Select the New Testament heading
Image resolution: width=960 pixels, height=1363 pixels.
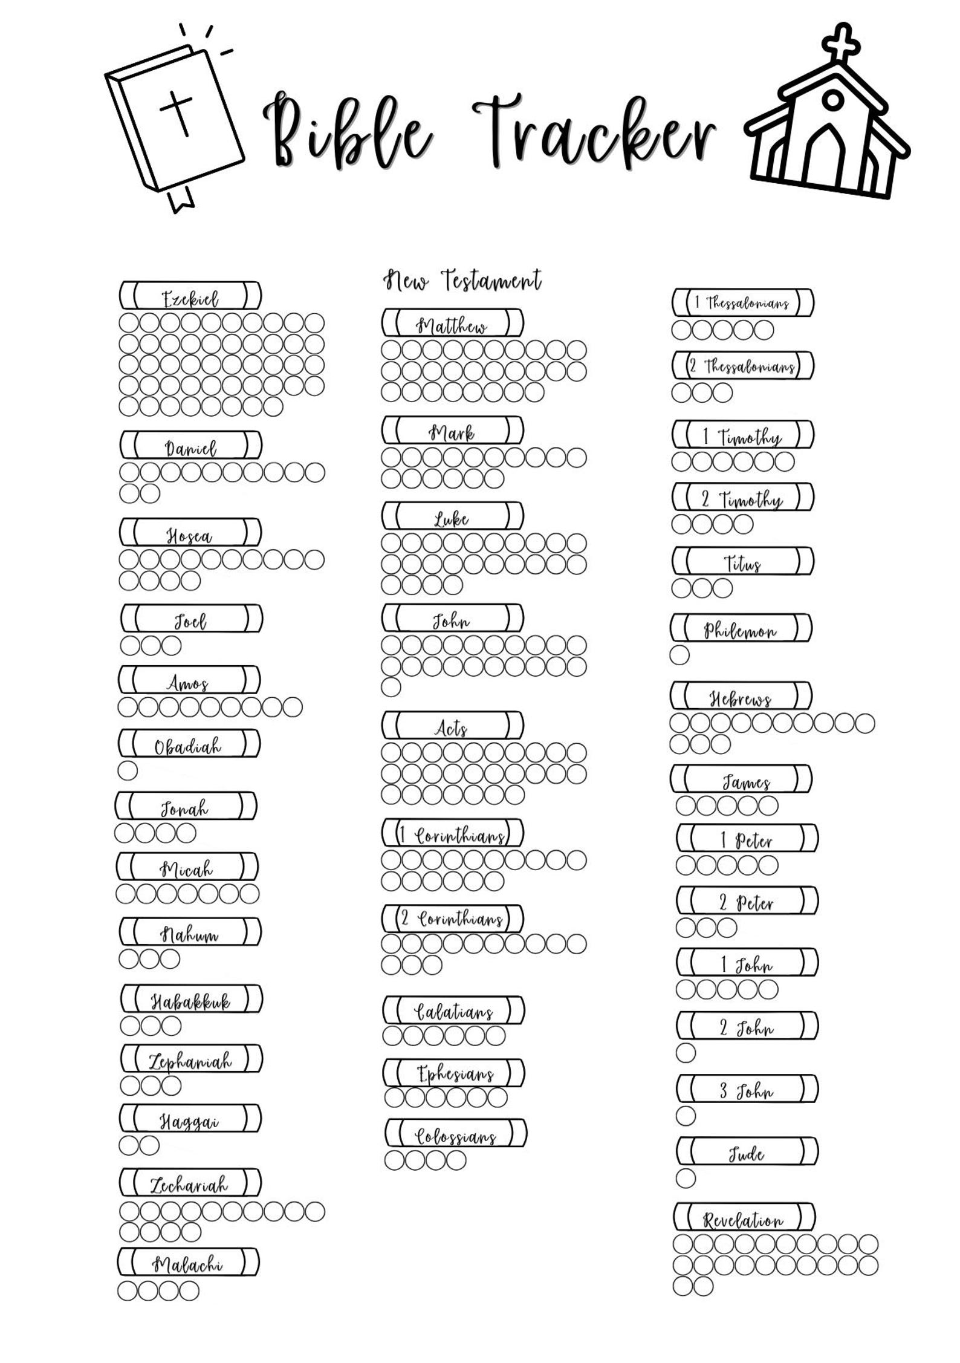tap(462, 280)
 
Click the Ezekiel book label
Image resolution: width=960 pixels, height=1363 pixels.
tap(190, 296)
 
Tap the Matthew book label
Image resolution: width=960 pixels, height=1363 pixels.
tap(453, 323)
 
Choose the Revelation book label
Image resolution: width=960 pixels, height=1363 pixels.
tap(744, 1217)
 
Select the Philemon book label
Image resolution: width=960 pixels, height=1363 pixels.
tap(741, 628)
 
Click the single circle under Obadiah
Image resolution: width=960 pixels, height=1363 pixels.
tap(128, 770)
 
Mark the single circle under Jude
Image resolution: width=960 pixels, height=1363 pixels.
tap(686, 1178)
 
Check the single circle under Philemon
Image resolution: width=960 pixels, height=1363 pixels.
tap(679, 655)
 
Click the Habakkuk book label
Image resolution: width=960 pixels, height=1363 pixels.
tap(192, 998)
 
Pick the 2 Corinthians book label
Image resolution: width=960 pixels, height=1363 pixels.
tap(453, 919)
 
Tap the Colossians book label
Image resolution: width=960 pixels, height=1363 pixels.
tap(456, 1133)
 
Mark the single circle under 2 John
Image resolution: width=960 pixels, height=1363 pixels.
tap(686, 1053)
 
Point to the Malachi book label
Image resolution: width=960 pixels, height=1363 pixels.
tap(189, 1263)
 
